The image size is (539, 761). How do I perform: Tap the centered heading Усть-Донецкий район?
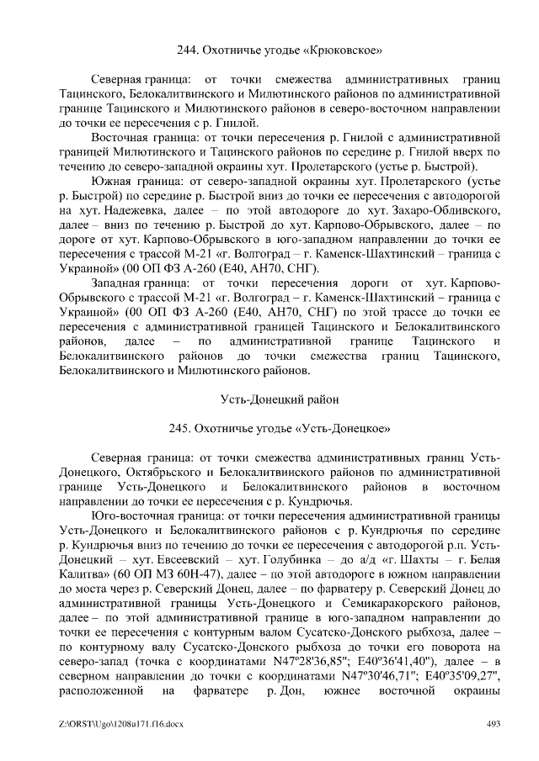coord(281,399)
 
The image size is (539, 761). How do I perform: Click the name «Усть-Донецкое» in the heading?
coord(343,428)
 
